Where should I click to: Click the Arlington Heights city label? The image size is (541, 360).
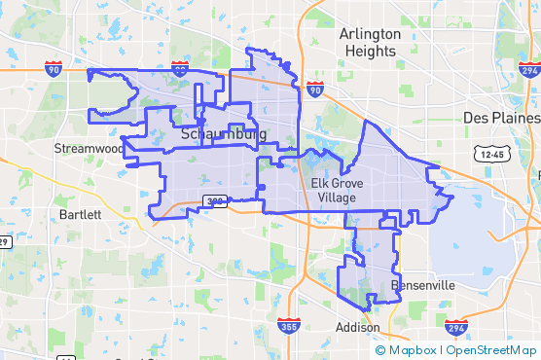(x=369, y=42)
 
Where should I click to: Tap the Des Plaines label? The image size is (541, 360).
(x=501, y=117)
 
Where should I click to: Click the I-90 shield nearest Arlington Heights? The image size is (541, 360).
(x=314, y=90)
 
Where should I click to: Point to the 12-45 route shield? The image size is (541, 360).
(x=492, y=154)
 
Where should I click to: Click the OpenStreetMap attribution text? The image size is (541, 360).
(x=491, y=350)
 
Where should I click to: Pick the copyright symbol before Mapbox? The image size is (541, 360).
(x=379, y=350)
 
